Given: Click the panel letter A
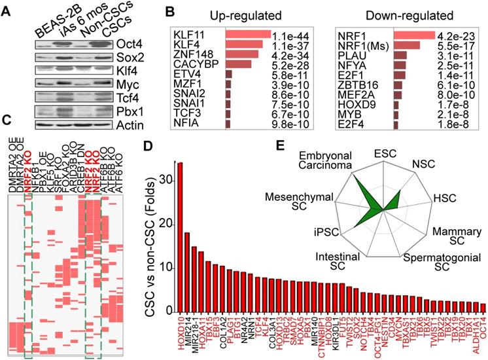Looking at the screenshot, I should [7, 9].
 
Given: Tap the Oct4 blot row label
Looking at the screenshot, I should [146, 45].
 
